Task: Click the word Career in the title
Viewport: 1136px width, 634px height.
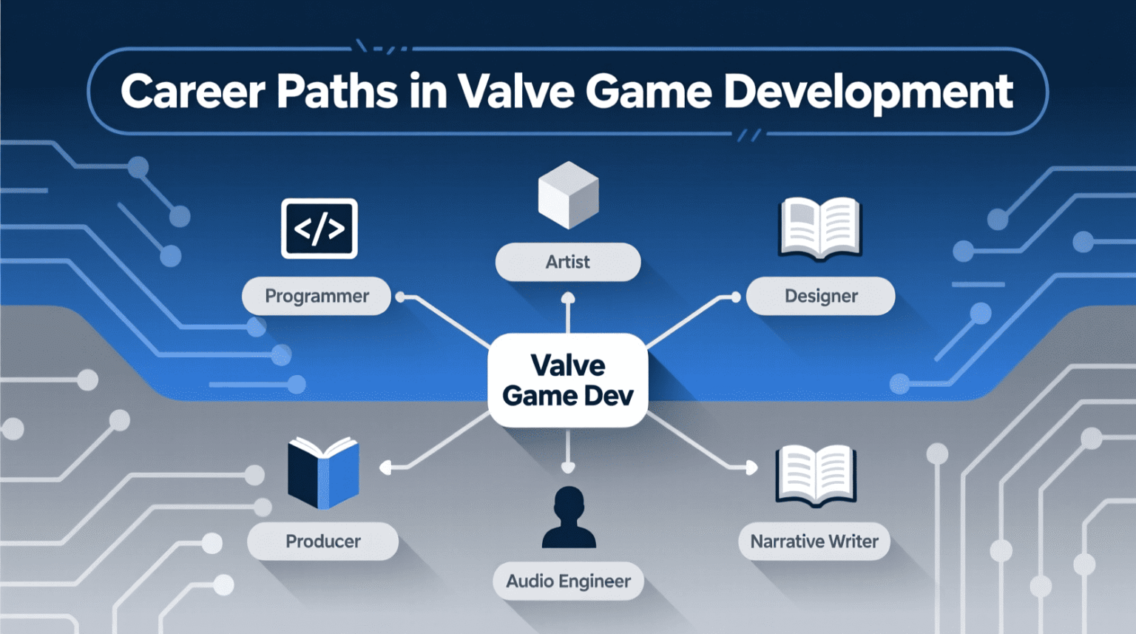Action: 192,92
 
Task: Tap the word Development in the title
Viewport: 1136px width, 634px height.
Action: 868,92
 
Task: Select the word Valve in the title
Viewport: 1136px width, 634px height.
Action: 515,92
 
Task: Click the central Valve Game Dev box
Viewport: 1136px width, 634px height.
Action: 568,380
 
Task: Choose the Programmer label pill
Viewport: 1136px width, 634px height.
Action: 317,296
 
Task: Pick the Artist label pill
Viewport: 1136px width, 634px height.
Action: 568,262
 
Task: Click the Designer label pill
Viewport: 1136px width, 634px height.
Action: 821,296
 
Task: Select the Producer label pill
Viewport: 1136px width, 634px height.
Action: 322,542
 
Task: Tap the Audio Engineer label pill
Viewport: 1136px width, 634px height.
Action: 568,581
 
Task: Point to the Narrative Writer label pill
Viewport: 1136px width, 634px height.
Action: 814,542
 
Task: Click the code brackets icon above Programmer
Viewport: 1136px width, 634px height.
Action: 319,229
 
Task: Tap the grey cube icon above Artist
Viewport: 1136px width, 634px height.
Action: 568,195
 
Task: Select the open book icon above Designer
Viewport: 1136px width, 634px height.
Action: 820,228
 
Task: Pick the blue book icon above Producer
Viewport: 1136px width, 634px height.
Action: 323,472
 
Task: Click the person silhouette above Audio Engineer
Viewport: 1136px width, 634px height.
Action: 569,517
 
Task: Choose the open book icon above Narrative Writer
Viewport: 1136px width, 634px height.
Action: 816,475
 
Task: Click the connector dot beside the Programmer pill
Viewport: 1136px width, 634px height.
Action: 401,297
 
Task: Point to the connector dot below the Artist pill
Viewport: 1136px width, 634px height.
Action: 568,298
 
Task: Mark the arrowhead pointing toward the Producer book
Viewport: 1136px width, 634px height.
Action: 385,468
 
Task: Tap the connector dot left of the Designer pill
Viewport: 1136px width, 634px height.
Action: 735,297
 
